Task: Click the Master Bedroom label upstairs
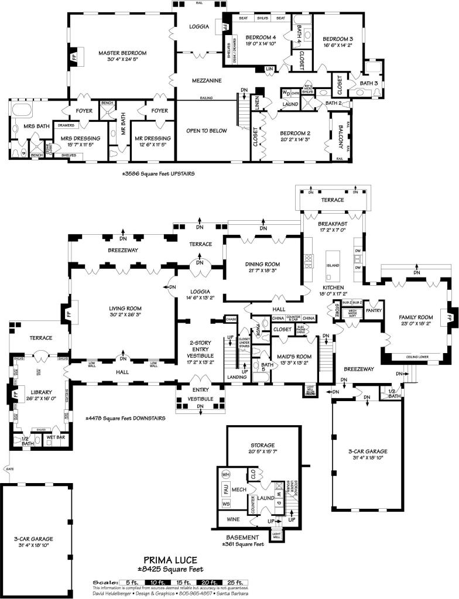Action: point(122,53)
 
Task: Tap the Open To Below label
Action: point(206,131)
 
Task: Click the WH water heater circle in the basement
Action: point(226,474)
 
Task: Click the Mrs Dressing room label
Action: point(77,138)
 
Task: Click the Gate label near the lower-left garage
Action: point(9,470)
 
